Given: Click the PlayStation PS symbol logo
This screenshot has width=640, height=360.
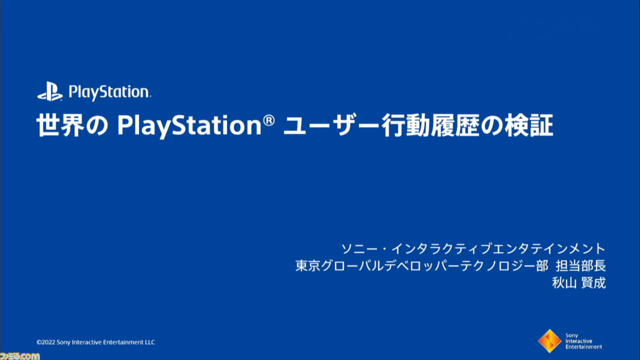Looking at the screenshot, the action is tap(50, 91).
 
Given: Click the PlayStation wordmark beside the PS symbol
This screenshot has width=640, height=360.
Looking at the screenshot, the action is tap(109, 92).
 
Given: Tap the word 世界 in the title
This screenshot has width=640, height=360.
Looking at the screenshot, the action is tap(60, 125).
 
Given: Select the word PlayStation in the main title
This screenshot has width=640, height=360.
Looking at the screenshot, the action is tap(189, 127).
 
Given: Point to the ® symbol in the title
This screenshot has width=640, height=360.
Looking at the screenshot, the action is tap(268, 120).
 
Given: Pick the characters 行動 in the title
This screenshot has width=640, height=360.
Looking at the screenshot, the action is tap(405, 125).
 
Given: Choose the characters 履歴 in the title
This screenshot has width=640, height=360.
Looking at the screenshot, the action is tap(455, 125).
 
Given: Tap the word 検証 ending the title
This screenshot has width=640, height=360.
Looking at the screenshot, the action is tap(529, 125).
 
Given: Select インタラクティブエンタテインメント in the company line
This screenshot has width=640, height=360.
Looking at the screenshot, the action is tap(498, 249).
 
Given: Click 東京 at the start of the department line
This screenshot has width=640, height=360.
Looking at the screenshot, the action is tap(307, 266).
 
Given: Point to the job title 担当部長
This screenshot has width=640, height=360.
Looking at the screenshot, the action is tap(580, 266).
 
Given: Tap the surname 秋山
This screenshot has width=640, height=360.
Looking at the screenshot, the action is tap(564, 283).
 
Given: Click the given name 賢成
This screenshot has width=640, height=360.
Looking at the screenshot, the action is tap(593, 283).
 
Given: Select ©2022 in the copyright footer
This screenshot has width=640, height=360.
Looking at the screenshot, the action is tap(45, 342).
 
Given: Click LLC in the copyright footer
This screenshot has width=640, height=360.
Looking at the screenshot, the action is tap(149, 342).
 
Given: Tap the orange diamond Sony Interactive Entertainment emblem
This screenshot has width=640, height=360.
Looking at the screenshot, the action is tap(549, 341).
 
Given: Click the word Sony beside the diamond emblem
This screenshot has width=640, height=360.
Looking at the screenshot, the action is tap(571, 335).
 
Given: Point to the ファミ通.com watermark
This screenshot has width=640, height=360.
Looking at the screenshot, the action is tap(19, 356).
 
